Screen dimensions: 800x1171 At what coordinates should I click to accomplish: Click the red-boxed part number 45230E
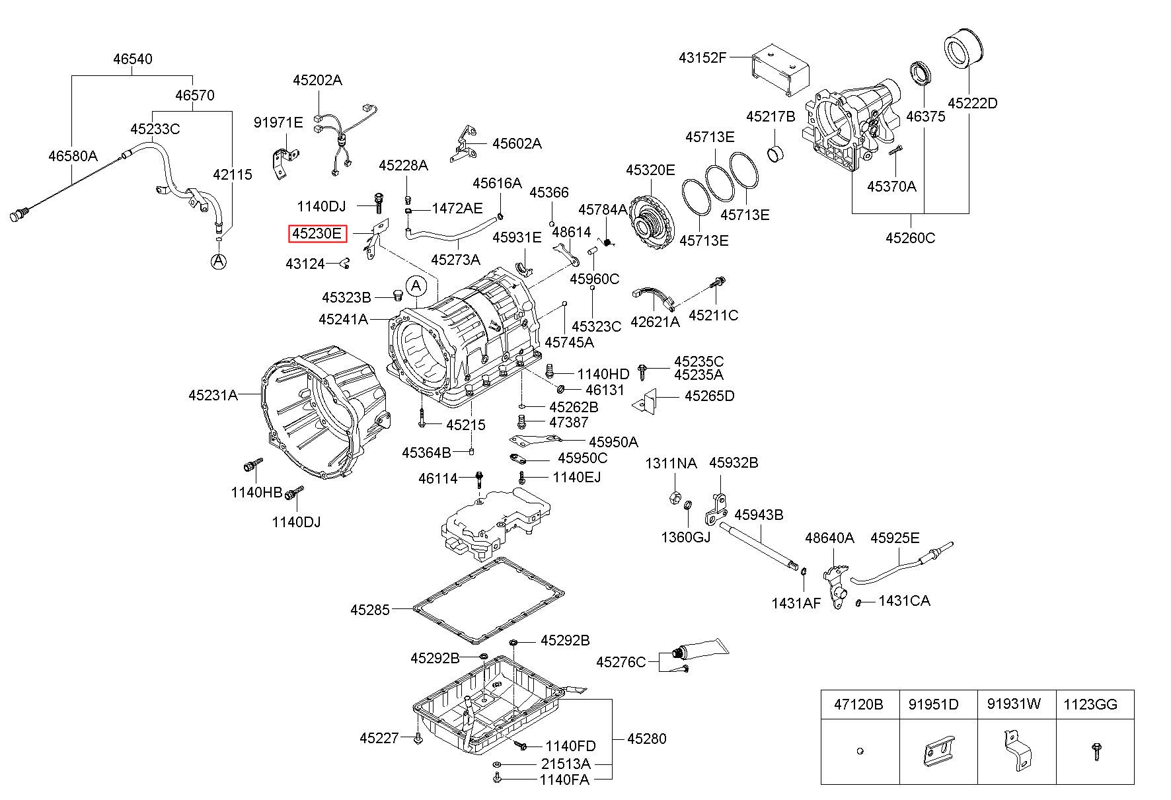[x=318, y=234]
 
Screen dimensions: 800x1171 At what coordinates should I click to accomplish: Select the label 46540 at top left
[x=132, y=59]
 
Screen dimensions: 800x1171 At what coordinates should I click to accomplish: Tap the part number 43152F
[x=702, y=57]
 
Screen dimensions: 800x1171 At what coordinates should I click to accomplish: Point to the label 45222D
[x=972, y=103]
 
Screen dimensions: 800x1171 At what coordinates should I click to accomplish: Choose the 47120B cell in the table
[x=858, y=705]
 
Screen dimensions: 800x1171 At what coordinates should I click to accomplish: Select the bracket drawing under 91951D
[x=938, y=750]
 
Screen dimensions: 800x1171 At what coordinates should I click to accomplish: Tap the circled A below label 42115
[x=219, y=261]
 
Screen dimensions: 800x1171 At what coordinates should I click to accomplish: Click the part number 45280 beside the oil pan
[x=646, y=739]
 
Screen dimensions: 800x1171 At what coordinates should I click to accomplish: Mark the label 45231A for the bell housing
[x=213, y=395]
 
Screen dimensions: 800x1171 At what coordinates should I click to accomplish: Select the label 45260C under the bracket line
[x=910, y=238]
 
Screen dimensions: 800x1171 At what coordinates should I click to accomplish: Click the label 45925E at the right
[x=895, y=538]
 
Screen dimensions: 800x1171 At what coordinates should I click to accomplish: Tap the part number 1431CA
[x=904, y=601]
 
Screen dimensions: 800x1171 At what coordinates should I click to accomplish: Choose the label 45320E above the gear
[x=650, y=170]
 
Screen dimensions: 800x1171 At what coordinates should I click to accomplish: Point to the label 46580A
[x=73, y=156]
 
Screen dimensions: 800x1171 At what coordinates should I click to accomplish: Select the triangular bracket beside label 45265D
[x=644, y=400]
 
